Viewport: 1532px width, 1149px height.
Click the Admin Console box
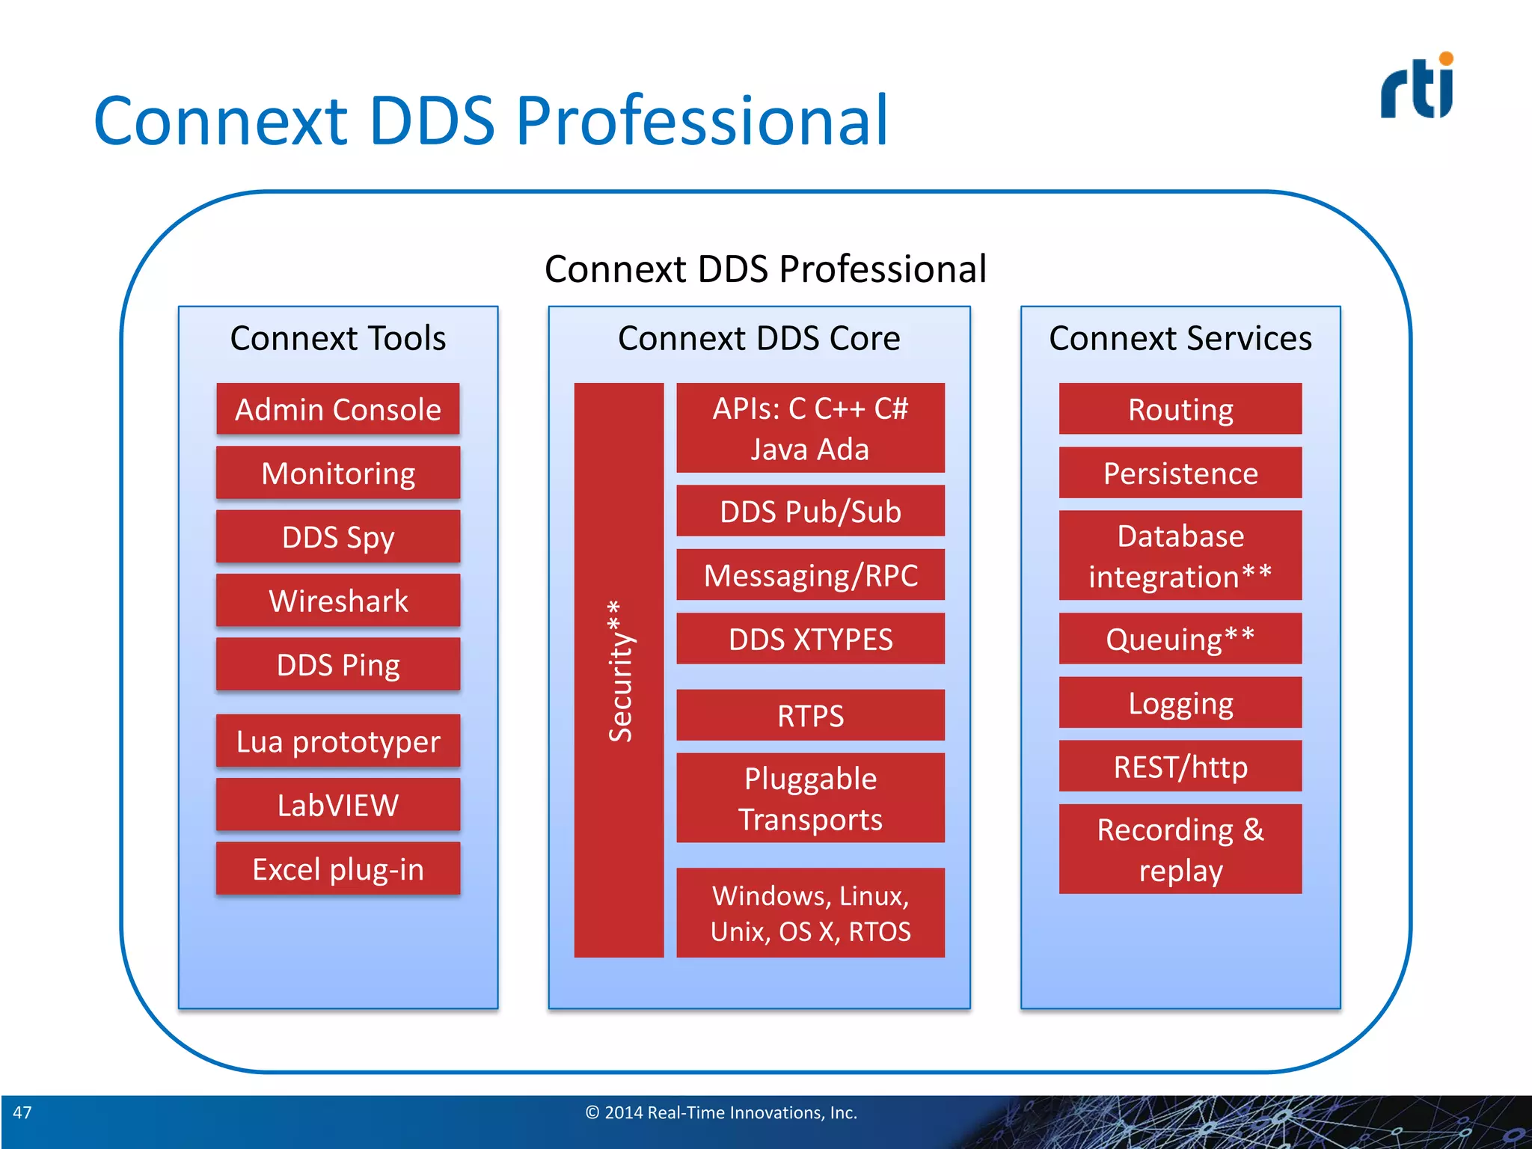(x=338, y=409)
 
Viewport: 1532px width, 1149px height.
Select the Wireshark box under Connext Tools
(x=338, y=601)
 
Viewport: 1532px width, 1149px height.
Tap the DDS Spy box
(x=338, y=537)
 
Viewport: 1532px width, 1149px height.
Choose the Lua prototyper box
(x=338, y=741)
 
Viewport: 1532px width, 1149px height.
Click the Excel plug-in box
(x=338, y=868)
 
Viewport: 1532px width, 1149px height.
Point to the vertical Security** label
(x=619, y=670)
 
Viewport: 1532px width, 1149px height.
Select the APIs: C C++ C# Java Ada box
(x=810, y=428)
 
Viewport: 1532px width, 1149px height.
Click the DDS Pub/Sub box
(x=810, y=511)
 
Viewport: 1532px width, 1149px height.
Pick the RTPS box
(x=810, y=715)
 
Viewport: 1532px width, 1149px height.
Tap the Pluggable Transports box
(x=810, y=798)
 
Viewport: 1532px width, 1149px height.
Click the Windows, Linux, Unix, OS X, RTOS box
(x=810, y=913)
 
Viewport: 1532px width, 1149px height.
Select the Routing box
(x=1180, y=409)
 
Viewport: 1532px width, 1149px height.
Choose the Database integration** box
(x=1180, y=556)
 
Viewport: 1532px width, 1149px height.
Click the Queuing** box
(x=1180, y=639)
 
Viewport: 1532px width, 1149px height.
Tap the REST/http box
(x=1180, y=767)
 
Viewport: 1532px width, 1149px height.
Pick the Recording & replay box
(x=1180, y=849)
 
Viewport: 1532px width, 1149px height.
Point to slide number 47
(x=22, y=1112)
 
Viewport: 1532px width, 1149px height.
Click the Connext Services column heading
(x=1180, y=338)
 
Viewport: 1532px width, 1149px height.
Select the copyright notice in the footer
(x=721, y=1112)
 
